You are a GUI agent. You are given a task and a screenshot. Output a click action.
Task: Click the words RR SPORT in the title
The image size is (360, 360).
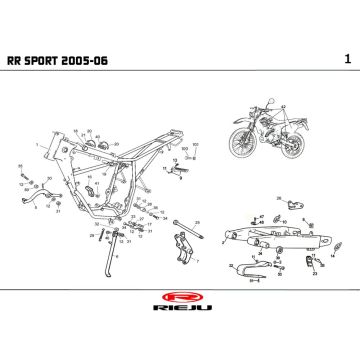tap(52, 61)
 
